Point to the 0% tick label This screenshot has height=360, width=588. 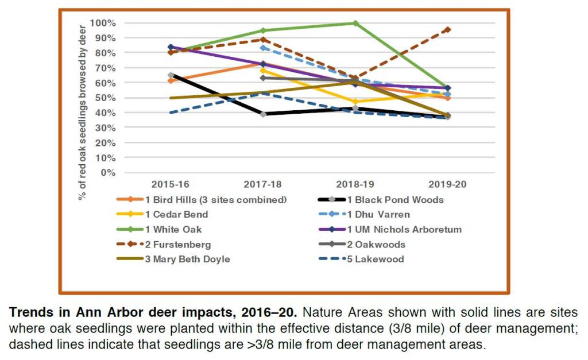109,173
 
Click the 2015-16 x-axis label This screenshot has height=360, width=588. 171,185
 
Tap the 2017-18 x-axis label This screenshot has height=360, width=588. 264,185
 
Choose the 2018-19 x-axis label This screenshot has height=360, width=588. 355,185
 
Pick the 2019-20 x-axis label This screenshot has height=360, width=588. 447,185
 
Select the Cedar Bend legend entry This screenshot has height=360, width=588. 177,215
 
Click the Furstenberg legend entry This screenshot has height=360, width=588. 178,245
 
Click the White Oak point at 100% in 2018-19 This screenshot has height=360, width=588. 355,24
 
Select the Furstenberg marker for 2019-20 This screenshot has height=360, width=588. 447,29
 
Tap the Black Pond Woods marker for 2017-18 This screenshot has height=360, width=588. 264,114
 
